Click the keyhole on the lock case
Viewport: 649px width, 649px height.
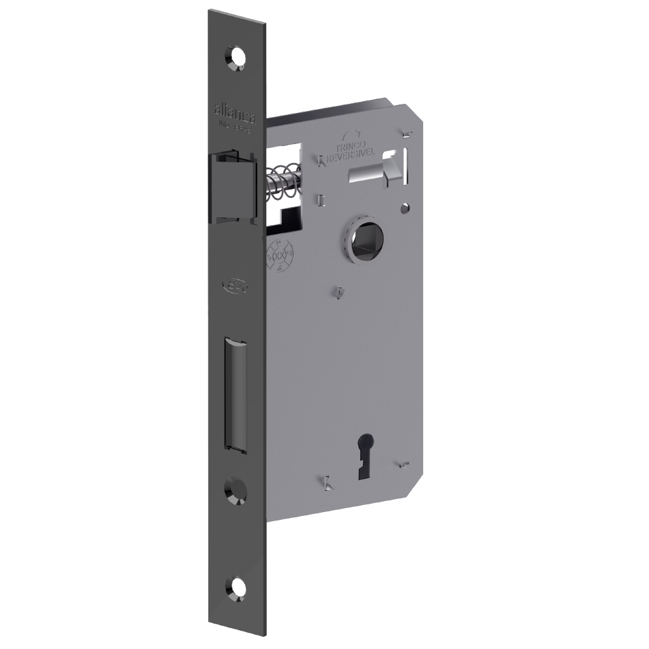[360, 465]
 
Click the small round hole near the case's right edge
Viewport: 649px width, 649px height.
[406, 209]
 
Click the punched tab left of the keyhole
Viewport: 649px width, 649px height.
[328, 482]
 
